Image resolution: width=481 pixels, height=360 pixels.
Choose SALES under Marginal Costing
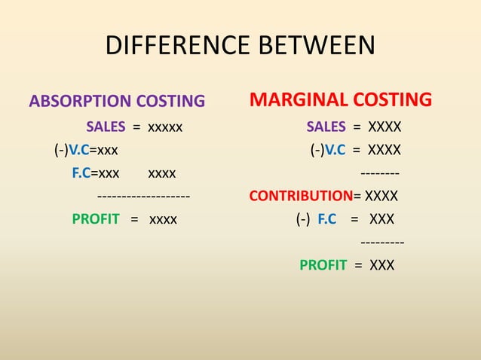326,126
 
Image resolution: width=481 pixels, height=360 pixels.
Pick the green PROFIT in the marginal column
323,265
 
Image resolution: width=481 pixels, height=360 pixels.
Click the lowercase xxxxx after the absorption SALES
165,126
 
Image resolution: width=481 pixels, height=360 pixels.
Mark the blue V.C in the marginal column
336,149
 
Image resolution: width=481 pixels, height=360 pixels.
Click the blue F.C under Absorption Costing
81,173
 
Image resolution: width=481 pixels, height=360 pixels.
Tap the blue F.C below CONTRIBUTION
327,220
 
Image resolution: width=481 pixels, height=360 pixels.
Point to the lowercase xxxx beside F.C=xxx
162,173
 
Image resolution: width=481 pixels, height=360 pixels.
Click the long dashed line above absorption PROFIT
143,197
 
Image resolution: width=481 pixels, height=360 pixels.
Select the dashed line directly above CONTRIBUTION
378,173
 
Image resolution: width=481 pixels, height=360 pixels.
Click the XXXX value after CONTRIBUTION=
381,197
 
